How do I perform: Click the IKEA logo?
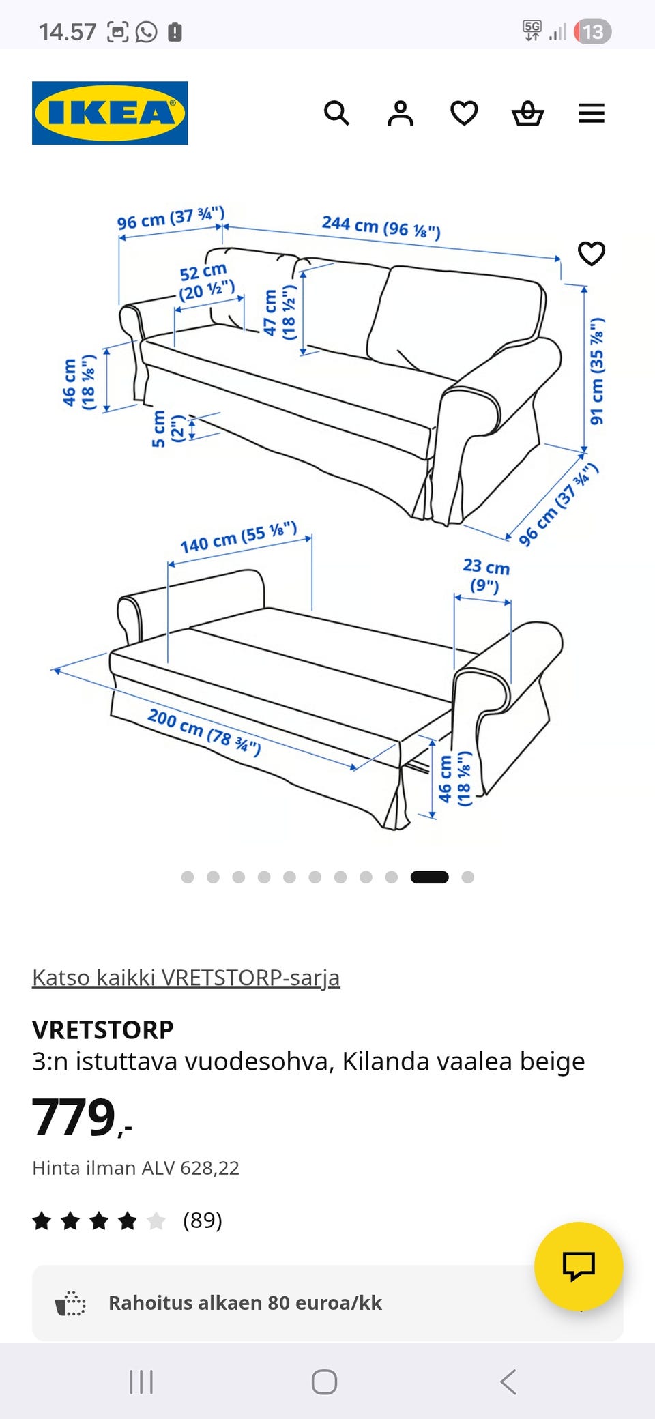pos(110,113)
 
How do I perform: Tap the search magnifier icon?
pos(336,113)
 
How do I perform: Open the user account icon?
pos(401,113)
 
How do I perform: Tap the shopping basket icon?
pos(528,113)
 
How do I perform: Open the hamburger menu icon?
pos(592,113)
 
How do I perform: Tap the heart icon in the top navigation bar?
pos(464,113)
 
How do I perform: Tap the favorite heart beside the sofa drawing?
pos(592,254)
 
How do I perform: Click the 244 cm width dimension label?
pos(381,226)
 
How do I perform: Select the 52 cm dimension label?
pos(206,282)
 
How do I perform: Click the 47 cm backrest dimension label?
pos(280,312)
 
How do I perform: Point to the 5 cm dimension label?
pos(168,428)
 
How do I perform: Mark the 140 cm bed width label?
pos(239,538)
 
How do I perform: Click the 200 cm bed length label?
pos(204,733)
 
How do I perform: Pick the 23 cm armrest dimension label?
pos(486,575)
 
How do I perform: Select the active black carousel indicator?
pos(429,877)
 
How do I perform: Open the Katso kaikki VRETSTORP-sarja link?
pos(186,978)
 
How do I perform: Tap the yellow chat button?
pos(579,1266)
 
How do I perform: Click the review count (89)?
pos(203,1220)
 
